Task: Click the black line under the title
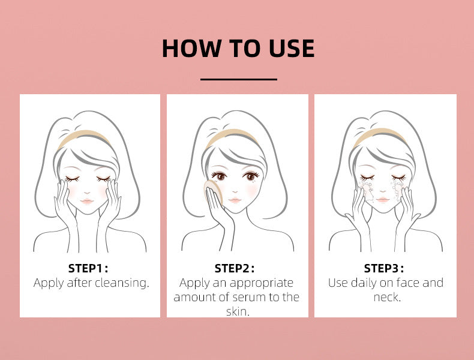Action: coord(238,79)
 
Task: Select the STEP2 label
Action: coord(235,268)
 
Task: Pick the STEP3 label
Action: coord(384,268)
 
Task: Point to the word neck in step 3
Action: coord(386,297)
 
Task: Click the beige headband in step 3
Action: coord(379,137)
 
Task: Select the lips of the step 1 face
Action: coord(86,202)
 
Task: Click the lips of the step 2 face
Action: coord(235,199)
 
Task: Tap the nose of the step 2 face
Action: coord(235,188)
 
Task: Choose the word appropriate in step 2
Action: coord(264,283)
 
